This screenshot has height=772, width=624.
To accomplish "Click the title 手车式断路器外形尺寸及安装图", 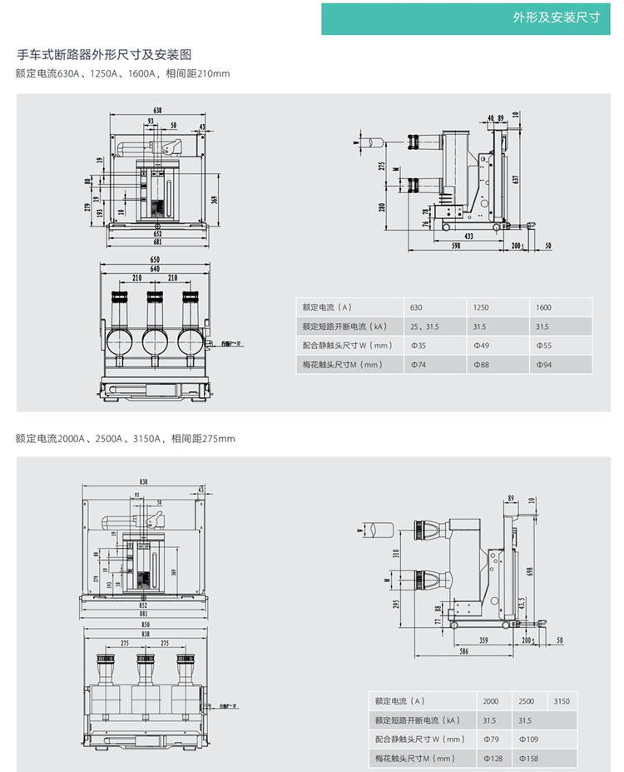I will click(x=105, y=55).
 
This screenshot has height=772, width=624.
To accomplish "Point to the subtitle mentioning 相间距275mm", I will click(x=125, y=438).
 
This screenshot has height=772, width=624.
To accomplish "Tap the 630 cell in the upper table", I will click(x=417, y=307).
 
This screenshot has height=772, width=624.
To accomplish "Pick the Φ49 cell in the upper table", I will click(x=481, y=345).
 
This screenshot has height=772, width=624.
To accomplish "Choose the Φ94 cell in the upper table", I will click(x=543, y=365).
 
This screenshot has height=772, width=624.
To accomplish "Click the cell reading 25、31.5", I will click(x=424, y=326).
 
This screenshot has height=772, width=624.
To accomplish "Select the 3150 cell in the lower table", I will click(x=562, y=701).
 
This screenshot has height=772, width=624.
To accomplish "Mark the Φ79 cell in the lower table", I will click(x=491, y=739).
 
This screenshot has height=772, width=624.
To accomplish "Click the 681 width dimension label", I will click(x=157, y=242).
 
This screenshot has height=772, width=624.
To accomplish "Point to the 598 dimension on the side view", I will click(x=457, y=247).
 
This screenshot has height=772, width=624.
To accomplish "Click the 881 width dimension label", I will click(x=142, y=615).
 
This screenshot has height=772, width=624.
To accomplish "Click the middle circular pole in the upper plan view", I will click(x=154, y=341).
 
